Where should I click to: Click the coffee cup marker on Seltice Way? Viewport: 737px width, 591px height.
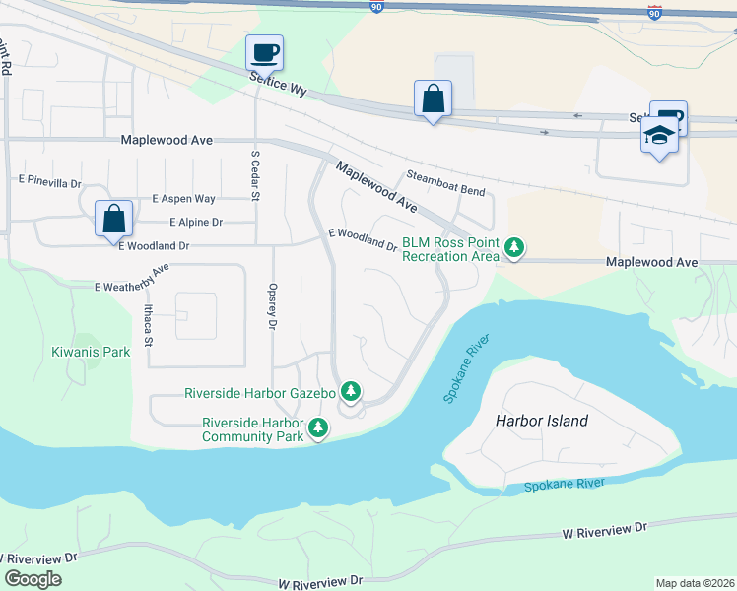pos(264,51)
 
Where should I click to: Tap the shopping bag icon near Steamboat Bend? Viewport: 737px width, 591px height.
pos(433,98)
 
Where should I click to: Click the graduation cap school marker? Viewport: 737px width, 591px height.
pos(659,135)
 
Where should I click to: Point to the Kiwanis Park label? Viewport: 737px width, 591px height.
pos(91,352)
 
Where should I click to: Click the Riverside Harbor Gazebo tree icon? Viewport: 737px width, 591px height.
pos(350,392)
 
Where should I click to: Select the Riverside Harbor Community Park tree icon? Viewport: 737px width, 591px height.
pos(317,428)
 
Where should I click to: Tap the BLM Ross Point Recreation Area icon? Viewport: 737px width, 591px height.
pos(513,247)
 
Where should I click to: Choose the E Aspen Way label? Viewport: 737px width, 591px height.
pos(183,199)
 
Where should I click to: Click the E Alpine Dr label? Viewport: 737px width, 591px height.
pos(196,223)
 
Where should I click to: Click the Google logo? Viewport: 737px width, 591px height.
pos(33,579)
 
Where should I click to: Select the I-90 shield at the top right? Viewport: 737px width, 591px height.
pos(654,11)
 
